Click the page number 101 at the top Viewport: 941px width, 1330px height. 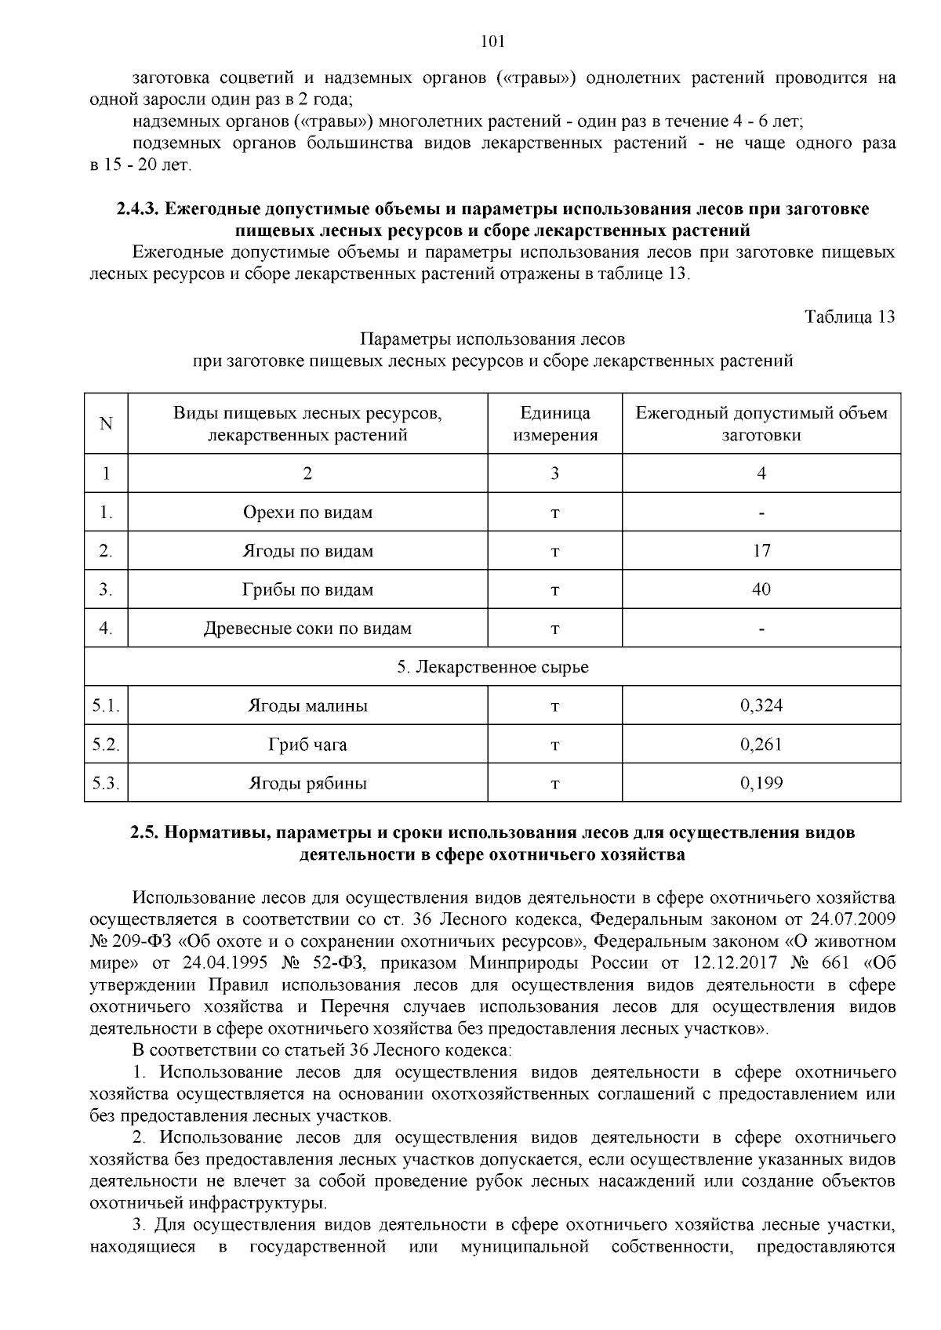pos(492,42)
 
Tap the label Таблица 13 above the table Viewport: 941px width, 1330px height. pos(849,317)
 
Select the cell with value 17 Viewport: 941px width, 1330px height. pos(761,551)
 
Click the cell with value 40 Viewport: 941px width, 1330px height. pos(761,589)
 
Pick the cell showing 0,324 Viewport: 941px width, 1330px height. pos(761,706)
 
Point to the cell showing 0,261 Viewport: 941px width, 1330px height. pos(761,745)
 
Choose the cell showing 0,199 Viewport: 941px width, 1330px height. pos(761,783)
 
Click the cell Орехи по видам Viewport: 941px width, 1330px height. pos(307,513)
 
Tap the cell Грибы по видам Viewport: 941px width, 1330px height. pos(307,589)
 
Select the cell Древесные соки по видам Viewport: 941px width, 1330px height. pos(307,629)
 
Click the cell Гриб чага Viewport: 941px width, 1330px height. pos(307,745)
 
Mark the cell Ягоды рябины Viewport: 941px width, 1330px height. pos(307,783)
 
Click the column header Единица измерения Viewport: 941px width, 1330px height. pos(555,424)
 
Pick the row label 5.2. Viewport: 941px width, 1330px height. pos(106,745)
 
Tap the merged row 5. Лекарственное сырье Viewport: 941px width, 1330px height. pos(492,667)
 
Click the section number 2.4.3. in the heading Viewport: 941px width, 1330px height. pos(139,209)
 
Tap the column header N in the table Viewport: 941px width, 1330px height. pos(106,424)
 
